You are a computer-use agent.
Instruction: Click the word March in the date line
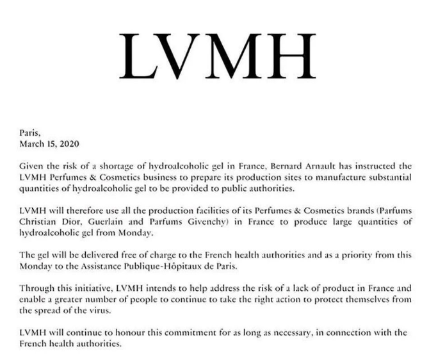coord(32,143)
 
